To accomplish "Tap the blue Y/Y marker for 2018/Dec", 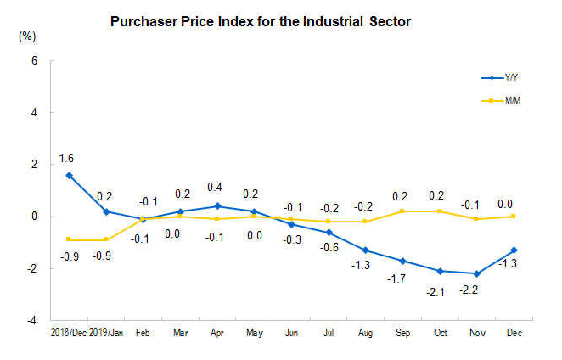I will point(69,175).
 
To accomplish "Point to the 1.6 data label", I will point(65,159).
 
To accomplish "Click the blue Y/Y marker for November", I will point(477,273).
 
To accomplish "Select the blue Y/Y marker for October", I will point(440,271).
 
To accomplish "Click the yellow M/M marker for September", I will point(402,211).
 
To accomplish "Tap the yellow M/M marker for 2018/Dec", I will point(69,239).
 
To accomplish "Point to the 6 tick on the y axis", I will point(34,61).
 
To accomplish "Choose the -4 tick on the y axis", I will point(32,321).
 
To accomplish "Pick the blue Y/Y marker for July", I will point(329,232).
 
